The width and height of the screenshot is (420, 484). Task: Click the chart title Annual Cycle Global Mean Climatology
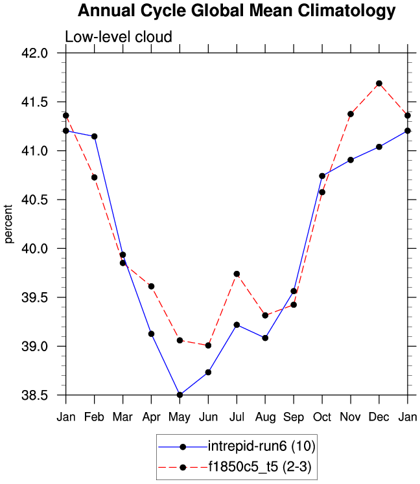click(236, 11)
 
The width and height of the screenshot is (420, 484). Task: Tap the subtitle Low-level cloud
click(118, 37)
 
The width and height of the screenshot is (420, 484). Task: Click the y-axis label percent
click(9, 224)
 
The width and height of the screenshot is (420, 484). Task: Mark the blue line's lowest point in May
click(180, 395)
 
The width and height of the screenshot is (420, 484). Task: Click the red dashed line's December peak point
click(379, 84)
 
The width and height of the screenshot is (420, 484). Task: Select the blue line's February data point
click(94, 136)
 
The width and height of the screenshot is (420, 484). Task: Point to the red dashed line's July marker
click(237, 274)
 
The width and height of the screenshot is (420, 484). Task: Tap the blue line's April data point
click(151, 334)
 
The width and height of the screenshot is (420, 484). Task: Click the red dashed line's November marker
click(351, 114)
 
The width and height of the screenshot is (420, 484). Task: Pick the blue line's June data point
click(208, 372)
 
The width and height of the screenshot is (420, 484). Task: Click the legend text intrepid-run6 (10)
click(262, 446)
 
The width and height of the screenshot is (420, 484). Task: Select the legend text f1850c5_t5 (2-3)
click(261, 467)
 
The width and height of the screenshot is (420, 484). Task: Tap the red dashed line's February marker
click(94, 177)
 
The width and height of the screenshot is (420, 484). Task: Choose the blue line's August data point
click(265, 338)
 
